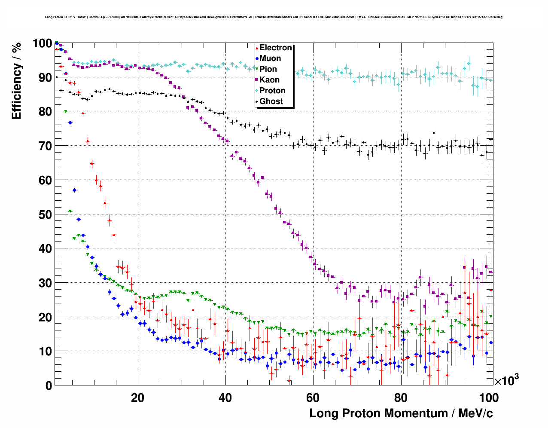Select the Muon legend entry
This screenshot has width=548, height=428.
click(x=270, y=58)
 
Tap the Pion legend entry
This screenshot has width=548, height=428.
click(x=268, y=69)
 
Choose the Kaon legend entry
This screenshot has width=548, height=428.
click(x=269, y=80)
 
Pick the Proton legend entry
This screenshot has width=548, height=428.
click(x=272, y=91)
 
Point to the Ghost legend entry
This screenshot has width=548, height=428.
click(x=271, y=101)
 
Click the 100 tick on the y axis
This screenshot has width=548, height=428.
click(x=42, y=43)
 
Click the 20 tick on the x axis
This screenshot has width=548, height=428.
click(x=138, y=397)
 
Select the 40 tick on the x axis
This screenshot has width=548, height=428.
click(x=225, y=397)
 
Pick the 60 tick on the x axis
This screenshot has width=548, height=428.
click(x=313, y=397)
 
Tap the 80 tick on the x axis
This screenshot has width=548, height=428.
click(x=400, y=397)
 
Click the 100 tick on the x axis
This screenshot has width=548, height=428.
click(x=489, y=397)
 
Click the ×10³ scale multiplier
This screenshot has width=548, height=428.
click(x=506, y=380)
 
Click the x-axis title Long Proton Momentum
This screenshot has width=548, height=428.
click(x=401, y=413)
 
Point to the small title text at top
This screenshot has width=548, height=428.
click(x=274, y=17)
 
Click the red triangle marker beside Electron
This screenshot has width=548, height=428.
click(x=257, y=48)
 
